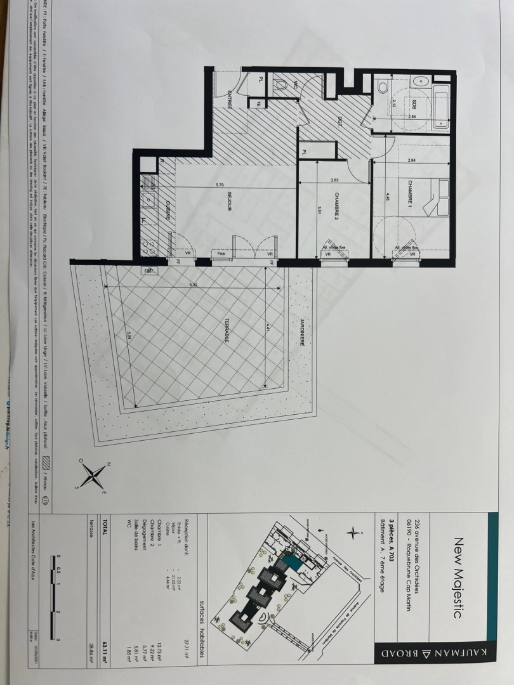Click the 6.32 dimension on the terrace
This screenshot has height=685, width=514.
195,285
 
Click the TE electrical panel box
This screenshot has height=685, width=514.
258,104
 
